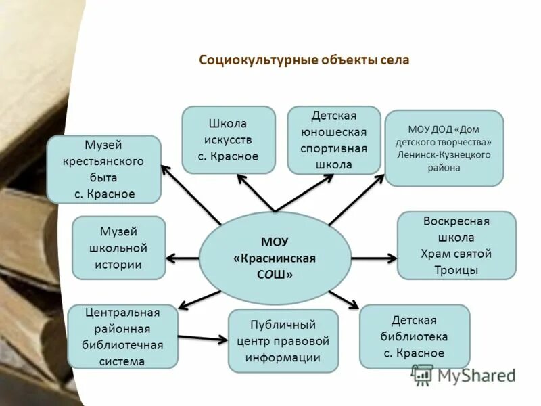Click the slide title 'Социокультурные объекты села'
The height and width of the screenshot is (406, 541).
click(x=304, y=60)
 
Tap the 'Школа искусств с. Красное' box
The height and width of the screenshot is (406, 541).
click(x=229, y=140)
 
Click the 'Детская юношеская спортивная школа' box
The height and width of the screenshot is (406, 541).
click(x=332, y=139)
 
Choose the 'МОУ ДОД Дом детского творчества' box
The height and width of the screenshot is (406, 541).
click(x=444, y=148)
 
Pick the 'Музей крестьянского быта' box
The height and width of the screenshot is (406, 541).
click(x=105, y=169)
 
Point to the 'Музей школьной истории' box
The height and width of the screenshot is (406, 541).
click(x=119, y=248)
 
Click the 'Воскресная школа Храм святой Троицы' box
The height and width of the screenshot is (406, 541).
click(x=456, y=246)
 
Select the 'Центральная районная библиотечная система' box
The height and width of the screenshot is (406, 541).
click(x=123, y=336)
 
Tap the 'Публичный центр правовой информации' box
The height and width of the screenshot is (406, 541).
click(x=283, y=340)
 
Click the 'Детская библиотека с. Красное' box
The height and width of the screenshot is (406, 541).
click(x=414, y=336)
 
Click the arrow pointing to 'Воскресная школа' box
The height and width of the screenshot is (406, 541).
click(x=374, y=258)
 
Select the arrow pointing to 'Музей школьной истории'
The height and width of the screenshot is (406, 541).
click(x=182, y=258)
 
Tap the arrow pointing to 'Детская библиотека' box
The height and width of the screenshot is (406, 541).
click(x=343, y=299)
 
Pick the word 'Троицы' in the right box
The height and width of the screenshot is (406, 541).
click(x=456, y=270)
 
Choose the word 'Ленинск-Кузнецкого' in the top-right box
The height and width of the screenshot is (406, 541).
click(x=444, y=155)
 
